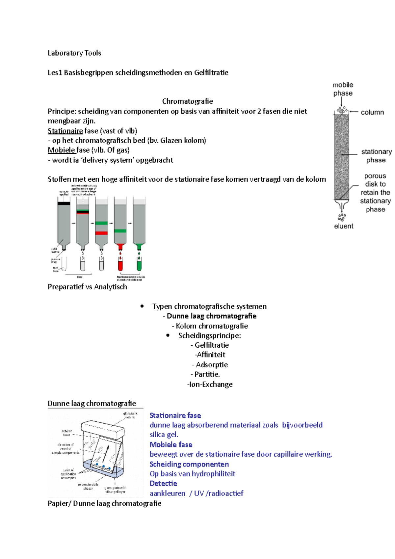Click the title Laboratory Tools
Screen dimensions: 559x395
74,53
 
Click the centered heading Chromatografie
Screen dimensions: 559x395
187,101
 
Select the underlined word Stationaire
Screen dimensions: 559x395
65,131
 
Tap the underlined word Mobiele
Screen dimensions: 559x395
62,150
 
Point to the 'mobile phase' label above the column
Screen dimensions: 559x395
343,89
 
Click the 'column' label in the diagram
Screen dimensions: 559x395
372,112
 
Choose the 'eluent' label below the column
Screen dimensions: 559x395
343,226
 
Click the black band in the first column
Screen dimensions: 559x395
64,203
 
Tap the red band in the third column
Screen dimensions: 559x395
101,233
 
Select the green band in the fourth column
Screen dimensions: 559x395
120,231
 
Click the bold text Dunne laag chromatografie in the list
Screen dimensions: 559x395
211,316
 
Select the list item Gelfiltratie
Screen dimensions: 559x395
211,345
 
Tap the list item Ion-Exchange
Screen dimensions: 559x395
210,384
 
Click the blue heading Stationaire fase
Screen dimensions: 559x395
175,415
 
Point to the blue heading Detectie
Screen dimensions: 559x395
163,483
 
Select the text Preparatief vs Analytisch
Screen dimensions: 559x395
87,287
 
